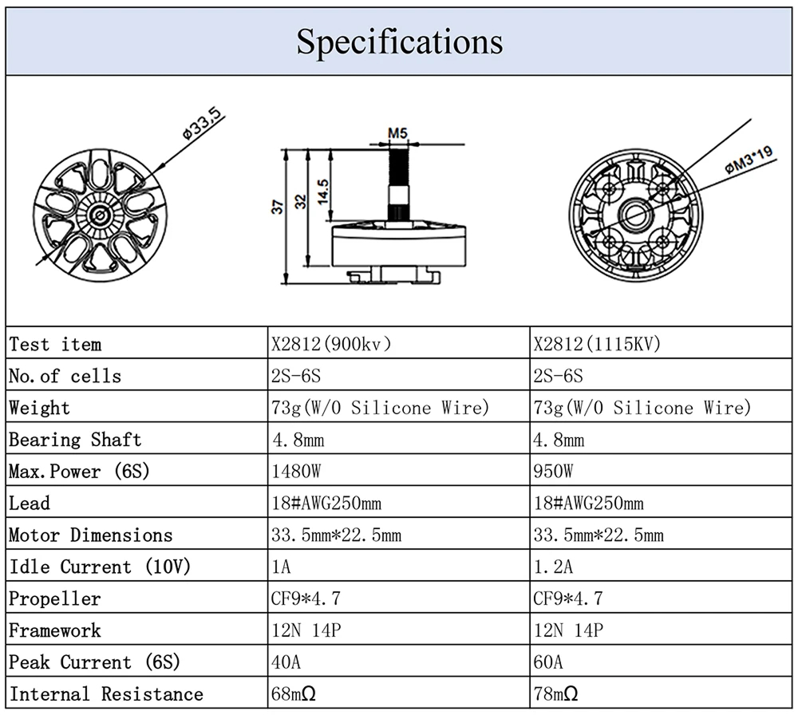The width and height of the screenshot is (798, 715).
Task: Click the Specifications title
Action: coord(399,41)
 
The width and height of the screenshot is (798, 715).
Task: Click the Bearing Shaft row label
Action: coord(75,440)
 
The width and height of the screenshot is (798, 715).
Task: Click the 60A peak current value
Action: coord(548,662)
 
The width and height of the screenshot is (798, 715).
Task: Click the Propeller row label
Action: coord(55,598)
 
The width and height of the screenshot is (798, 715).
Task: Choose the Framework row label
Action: coord(55,630)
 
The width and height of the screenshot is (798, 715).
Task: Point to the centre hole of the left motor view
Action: coord(101,213)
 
